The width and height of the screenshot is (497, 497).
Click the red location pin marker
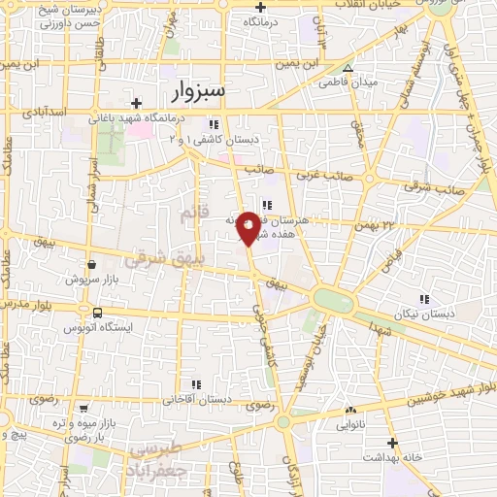click(249, 227)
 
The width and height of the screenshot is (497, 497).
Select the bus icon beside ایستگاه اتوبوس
click(97, 313)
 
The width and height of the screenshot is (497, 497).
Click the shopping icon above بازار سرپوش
click(91, 263)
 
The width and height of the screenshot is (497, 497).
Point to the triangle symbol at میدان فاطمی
click(348, 68)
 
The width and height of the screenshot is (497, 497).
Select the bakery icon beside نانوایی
click(350, 410)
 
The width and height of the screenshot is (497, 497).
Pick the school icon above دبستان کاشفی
click(213, 123)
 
